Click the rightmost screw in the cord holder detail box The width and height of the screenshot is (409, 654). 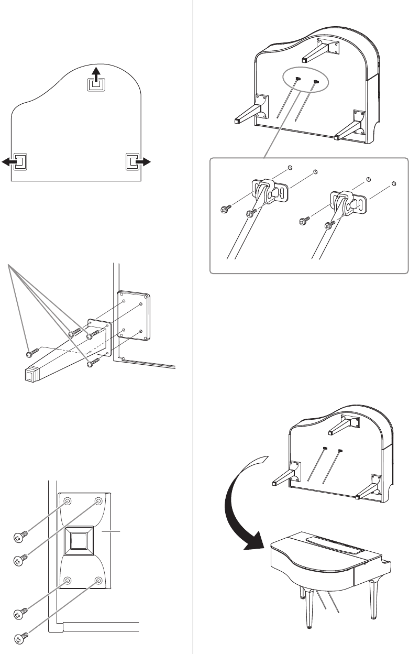click(x=329, y=226)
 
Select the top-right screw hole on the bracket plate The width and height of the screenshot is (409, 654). click(x=98, y=501)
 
